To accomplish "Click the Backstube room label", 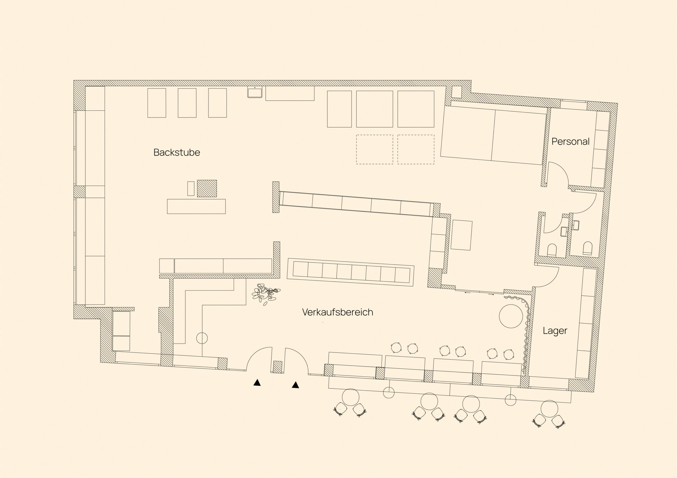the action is tap(177, 152).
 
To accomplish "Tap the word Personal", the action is tap(570, 141).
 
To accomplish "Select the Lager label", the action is tap(555, 331).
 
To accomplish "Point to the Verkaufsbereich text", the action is tap(338, 312).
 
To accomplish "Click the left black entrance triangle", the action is tap(257, 382).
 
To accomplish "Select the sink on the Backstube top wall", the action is tap(255, 92).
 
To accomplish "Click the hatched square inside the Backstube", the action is tap(207, 188).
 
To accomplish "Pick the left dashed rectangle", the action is tap(374, 149).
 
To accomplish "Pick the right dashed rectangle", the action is tap(416, 149).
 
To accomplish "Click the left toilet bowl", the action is tap(552, 250).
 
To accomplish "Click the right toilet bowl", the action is tap(588, 248).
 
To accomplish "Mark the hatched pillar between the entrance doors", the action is tap(277, 367).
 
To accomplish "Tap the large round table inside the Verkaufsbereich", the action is tap(511, 316).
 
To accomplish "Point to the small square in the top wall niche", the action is tap(456, 92).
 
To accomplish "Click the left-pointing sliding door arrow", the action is tap(467, 293).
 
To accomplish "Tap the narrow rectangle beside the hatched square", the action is tap(191, 188).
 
